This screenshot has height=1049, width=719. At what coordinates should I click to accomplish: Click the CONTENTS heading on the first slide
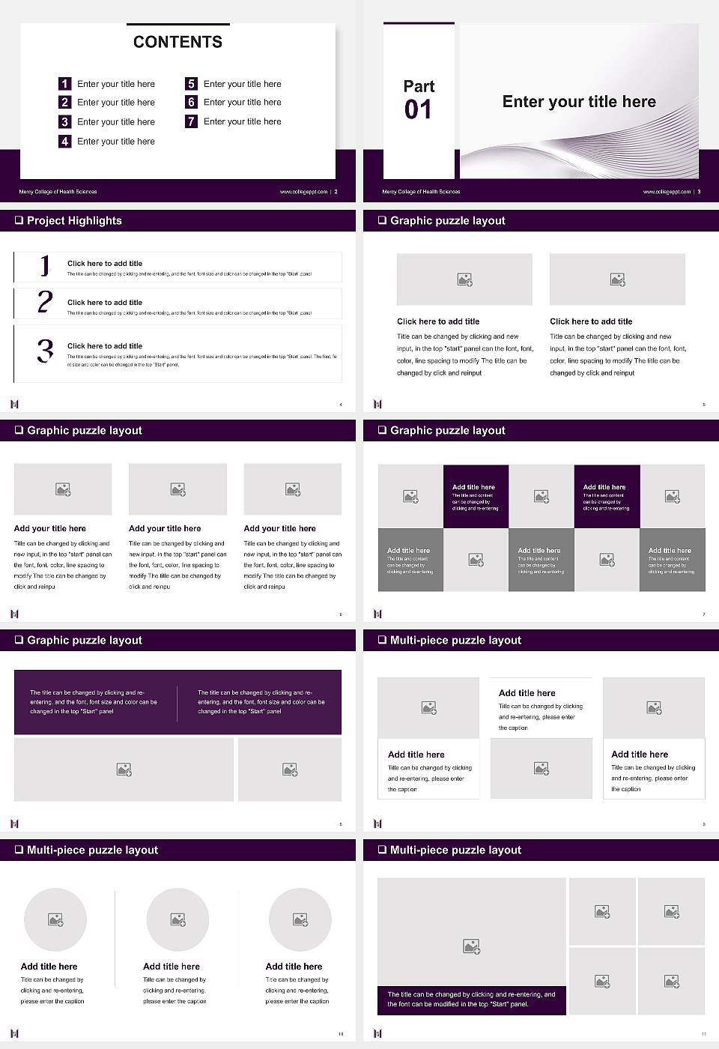pyautogui.click(x=178, y=42)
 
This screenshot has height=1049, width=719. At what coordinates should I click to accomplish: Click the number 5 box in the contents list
pyautogui.click(x=191, y=84)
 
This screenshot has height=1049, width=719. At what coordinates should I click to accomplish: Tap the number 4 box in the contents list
pyautogui.click(x=65, y=141)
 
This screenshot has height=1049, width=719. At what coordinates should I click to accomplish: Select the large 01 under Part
pyautogui.click(x=418, y=110)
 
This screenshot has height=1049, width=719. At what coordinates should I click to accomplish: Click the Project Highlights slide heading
pyautogui.click(x=74, y=220)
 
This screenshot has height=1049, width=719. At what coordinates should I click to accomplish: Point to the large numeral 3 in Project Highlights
pyautogui.click(x=45, y=351)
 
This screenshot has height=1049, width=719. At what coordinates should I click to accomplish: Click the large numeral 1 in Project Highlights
pyautogui.click(x=45, y=265)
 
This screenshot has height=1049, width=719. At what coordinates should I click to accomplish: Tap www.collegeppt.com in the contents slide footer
pyautogui.click(x=303, y=192)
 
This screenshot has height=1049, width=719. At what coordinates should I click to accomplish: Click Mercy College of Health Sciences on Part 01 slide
pyautogui.click(x=421, y=192)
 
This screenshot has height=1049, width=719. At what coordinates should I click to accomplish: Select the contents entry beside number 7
pyautogui.click(x=242, y=121)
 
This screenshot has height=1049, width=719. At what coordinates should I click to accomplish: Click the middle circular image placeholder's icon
pyautogui.click(x=178, y=919)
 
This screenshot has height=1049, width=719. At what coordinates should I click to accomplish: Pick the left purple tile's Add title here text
pyautogui.click(x=473, y=487)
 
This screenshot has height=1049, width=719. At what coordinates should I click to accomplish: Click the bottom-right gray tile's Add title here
pyautogui.click(x=670, y=550)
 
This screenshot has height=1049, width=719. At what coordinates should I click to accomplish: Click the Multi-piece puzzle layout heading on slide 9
pyautogui.click(x=455, y=640)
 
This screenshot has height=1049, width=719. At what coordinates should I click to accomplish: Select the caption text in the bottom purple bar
pyautogui.click(x=471, y=999)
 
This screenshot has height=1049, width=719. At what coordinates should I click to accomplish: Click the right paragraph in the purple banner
pyautogui.click(x=261, y=701)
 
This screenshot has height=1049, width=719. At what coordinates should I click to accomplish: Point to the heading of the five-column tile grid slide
pyautogui.click(x=447, y=430)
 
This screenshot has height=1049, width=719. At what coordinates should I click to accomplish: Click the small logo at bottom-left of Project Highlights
pyautogui.click(x=14, y=404)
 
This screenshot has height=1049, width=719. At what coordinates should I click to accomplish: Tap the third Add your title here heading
pyautogui.click(x=279, y=528)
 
